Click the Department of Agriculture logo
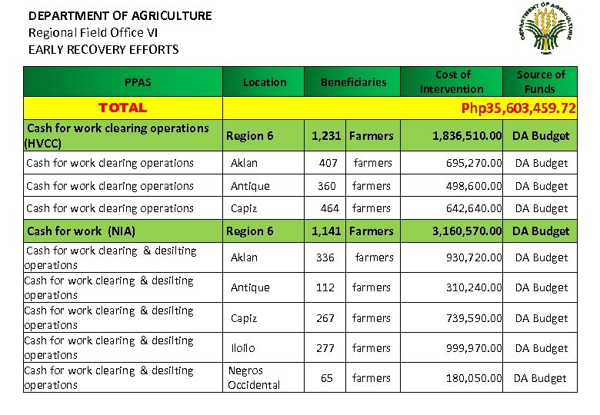click(545, 29)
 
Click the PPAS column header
click(138, 82)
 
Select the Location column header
click(265, 82)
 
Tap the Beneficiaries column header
click(353, 82)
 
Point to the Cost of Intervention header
click(452, 81)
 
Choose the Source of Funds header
click(540, 81)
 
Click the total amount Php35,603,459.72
click(518, 108)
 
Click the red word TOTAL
click(122, 108)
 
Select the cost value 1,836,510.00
click(467, 136)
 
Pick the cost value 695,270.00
click(475, 163)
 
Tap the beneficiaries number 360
click(327, 186)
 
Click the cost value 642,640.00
click(475, 208)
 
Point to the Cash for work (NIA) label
click(81, 231)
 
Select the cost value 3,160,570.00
click(467, 231)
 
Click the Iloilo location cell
click(243, 348)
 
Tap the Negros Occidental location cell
click(254, 378)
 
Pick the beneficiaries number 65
click(327, 378)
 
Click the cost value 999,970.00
click(475, 348)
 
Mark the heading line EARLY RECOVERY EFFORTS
click(103, 50)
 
